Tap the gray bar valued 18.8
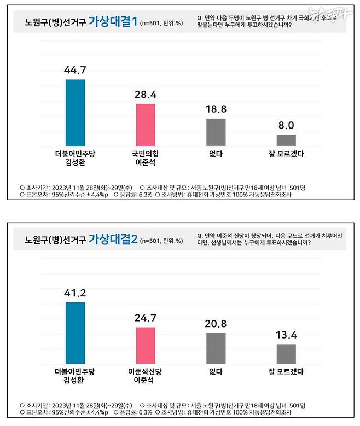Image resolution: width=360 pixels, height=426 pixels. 216,131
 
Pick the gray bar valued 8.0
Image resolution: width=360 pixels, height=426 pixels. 286,139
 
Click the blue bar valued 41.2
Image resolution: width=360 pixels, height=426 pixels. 76,333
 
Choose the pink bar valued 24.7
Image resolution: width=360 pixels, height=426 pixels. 146,346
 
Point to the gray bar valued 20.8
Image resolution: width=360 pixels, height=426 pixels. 216,348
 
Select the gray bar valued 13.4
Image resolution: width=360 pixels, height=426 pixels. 286,354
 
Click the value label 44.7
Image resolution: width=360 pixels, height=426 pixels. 76,70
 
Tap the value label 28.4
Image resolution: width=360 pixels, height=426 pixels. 146,95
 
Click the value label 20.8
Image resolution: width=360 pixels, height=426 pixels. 216,324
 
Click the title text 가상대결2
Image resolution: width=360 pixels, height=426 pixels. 113,239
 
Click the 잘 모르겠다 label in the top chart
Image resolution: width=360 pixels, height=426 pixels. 286,155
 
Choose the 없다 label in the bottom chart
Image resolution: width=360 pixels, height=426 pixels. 216,372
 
